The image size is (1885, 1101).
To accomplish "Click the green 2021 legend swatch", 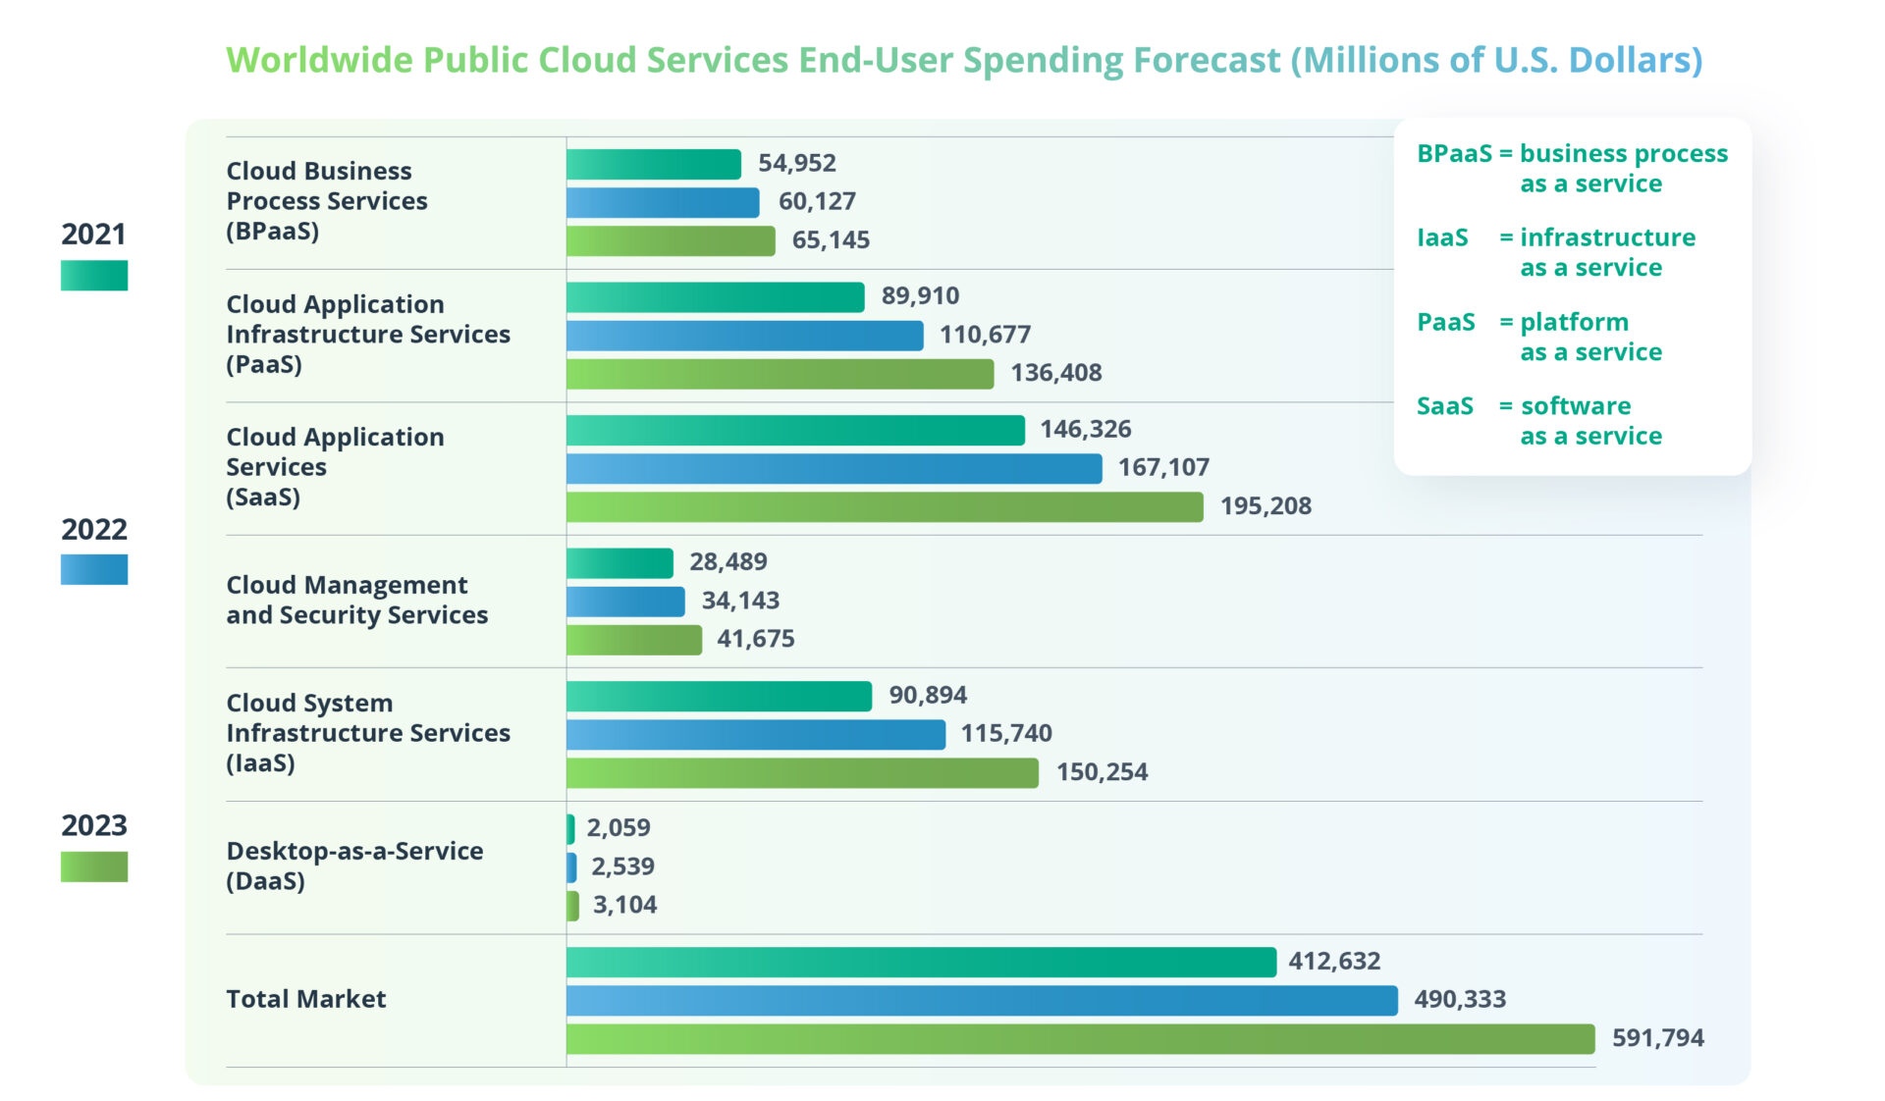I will pos(94,275).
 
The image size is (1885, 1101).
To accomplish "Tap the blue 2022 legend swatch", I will pos(94,570).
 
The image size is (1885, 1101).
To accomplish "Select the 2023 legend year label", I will pos(94,825).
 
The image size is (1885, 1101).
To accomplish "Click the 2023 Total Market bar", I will pos(1080,1039).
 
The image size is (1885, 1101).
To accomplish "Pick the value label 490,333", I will pos(1459,1000).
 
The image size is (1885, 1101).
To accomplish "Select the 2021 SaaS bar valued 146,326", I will pos(795,430).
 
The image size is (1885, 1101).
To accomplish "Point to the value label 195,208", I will pos(1266,506).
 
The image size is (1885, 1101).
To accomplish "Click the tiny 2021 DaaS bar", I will pos(570,829).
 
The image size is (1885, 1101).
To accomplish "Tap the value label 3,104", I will pos(624,905).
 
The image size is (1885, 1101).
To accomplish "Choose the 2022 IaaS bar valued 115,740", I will pos(756,734).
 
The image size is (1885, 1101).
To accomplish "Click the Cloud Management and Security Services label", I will pos(356,600).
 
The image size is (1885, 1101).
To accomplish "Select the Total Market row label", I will pos(305,999).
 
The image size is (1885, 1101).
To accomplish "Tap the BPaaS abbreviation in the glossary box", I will pos(1453,154).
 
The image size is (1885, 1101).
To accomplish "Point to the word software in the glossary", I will pos(1575,406).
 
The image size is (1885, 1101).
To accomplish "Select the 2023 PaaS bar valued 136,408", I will pos(781,374).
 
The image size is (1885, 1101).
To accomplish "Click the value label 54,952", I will pos(796,163).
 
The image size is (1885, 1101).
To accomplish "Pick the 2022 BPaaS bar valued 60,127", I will pos(663,202).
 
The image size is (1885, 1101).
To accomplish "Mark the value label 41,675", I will pos(755,639).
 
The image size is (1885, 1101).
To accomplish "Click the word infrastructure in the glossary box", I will pos(1607,237).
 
